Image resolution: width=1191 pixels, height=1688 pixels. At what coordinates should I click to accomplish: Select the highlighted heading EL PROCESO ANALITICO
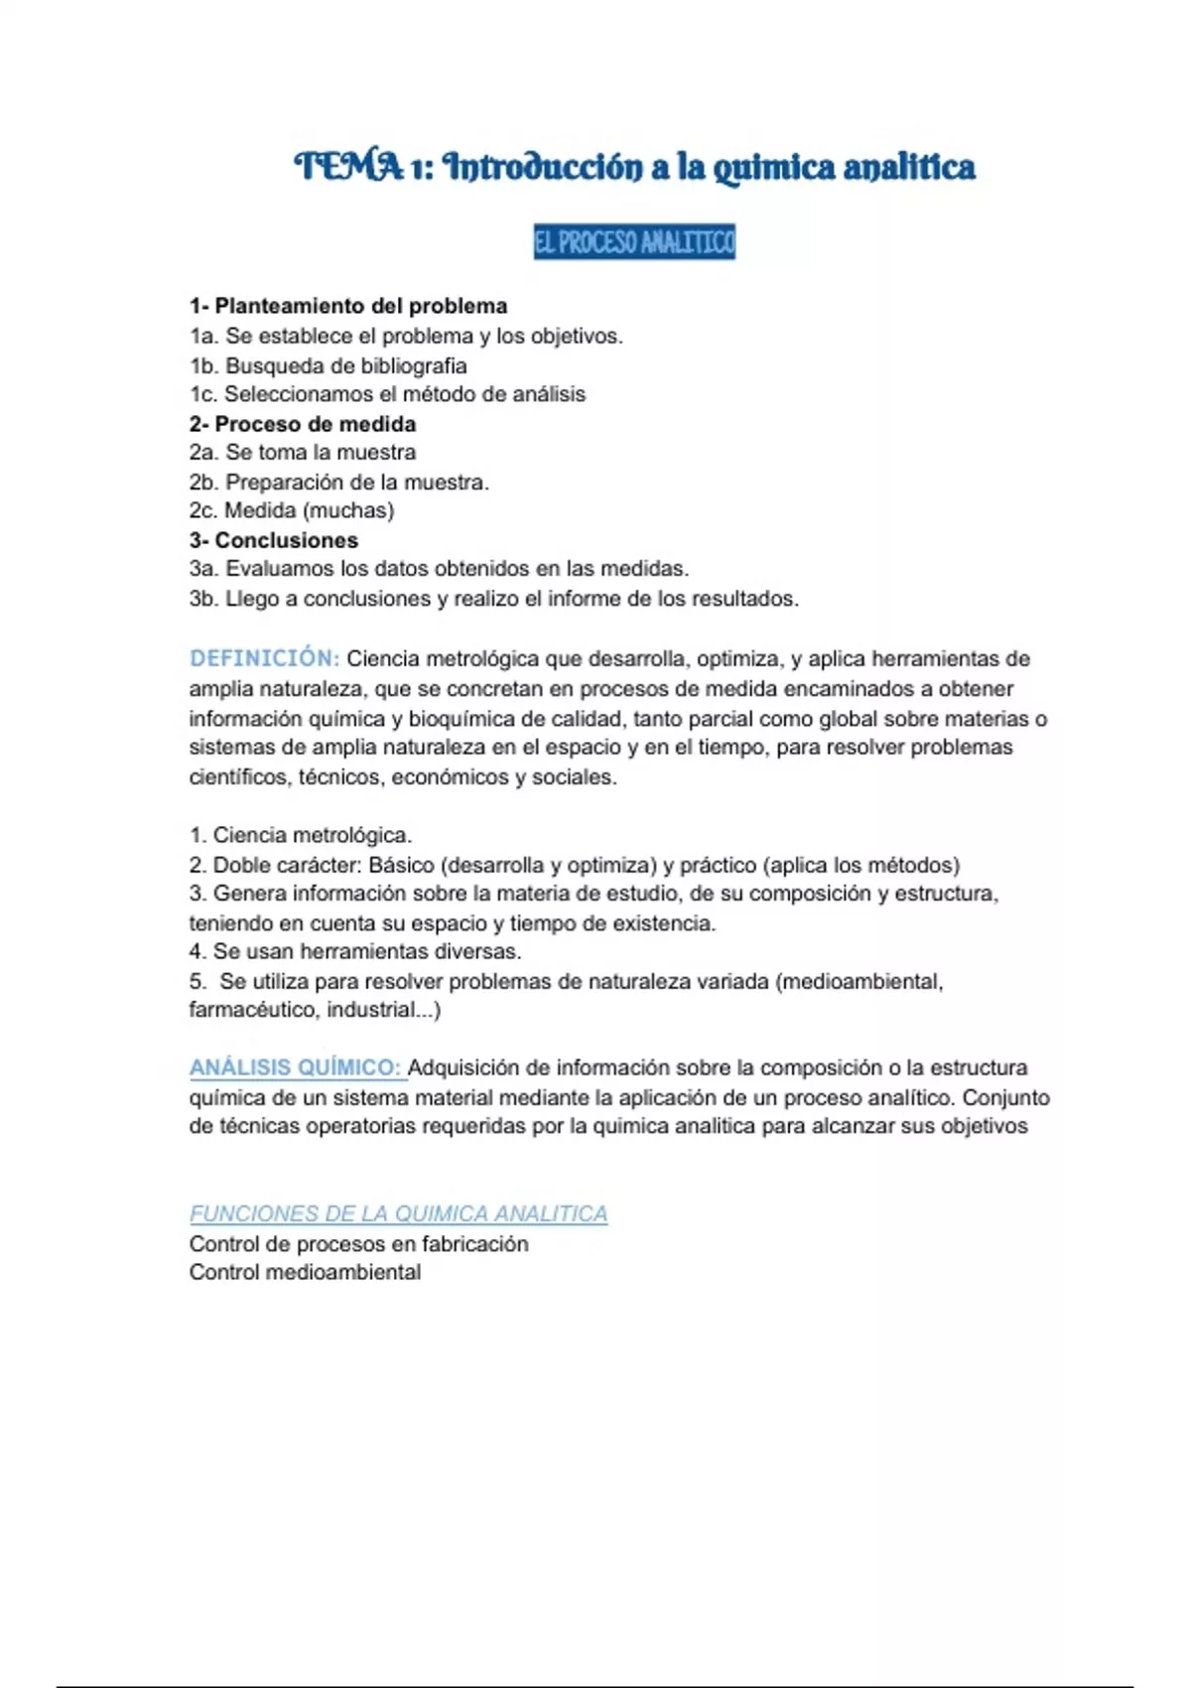634,241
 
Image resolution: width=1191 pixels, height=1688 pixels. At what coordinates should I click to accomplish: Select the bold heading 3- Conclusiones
274,540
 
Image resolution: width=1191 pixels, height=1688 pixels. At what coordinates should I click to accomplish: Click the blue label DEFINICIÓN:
264,658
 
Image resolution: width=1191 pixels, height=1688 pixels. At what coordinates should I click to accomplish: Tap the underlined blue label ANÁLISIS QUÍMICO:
295,1068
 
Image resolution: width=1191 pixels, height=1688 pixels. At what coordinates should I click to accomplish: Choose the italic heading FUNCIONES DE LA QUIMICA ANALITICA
398,1213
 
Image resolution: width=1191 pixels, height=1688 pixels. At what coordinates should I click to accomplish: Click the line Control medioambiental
305,1272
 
